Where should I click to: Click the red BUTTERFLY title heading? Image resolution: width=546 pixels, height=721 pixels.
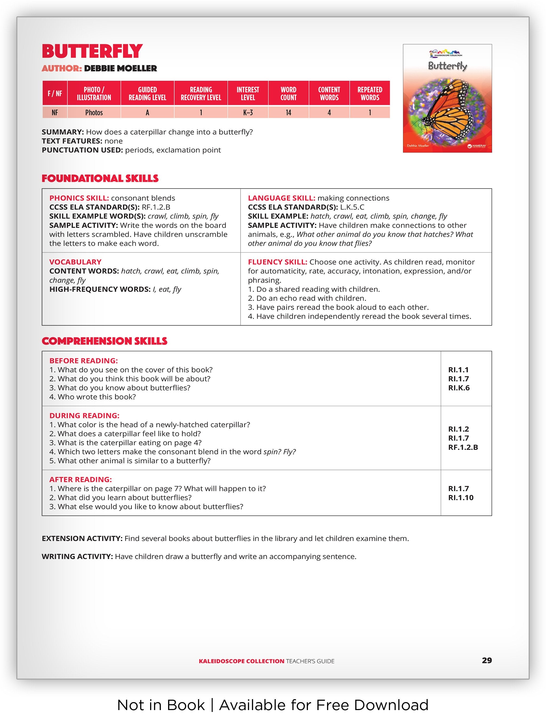coord(92,51)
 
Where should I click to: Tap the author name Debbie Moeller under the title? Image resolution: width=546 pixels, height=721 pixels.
coord(120,69)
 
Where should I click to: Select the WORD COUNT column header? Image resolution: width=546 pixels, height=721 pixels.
coord(288,94)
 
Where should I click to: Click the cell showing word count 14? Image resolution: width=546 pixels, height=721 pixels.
coord(288,113)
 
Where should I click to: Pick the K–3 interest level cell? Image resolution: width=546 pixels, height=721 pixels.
coord(248,113)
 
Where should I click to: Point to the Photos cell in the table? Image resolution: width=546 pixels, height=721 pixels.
coord(94,113)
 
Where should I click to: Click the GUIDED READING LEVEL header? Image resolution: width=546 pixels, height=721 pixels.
coord(147,94)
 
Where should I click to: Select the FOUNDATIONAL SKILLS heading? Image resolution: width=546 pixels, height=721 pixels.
coord(100,178)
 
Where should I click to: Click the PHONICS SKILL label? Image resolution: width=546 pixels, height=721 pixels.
coord(79,198)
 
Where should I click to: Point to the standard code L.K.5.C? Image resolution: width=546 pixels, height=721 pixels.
coord(352,207)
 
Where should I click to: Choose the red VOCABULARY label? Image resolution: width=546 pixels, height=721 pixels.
coord(75,262)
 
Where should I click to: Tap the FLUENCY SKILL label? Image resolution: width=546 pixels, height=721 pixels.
coord(278,262)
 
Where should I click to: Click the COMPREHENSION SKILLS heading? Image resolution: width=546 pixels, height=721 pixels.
coord(104,341)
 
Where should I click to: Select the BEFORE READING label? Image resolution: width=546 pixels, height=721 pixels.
coord(83,361)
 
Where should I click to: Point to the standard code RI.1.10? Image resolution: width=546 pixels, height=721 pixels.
coord(461,498)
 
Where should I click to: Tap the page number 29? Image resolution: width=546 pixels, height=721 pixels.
coord(487,660)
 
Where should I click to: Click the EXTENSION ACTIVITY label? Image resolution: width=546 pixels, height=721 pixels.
coord(82,538)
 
